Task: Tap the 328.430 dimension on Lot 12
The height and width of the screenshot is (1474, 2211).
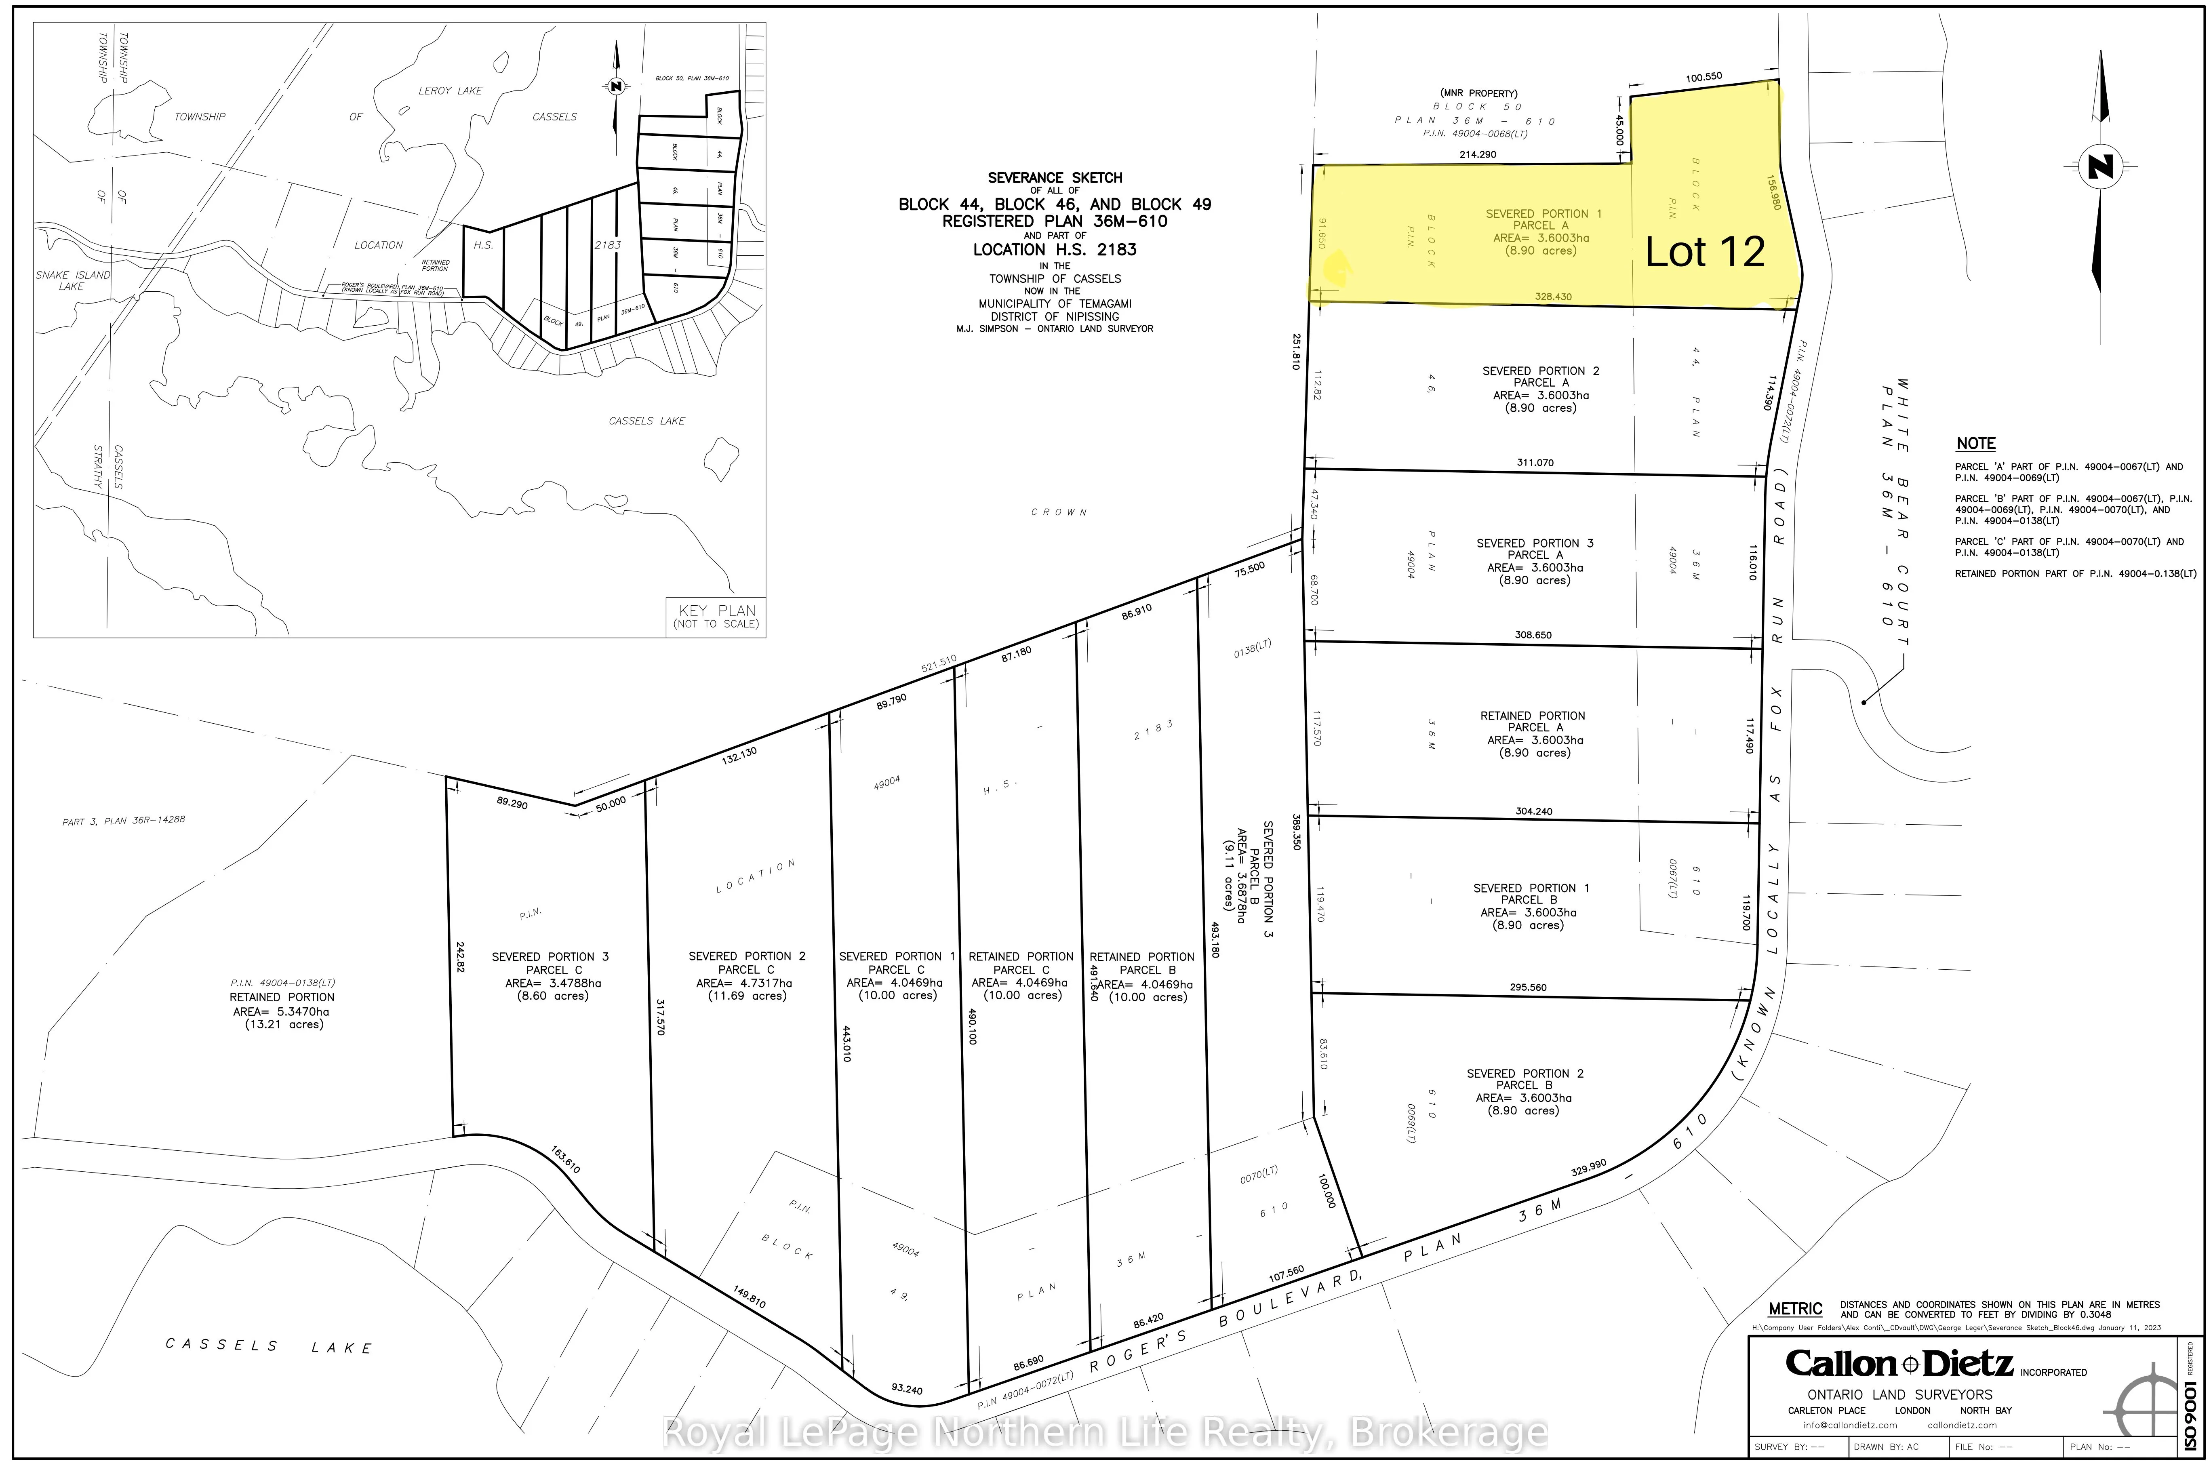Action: tap(1553, 297)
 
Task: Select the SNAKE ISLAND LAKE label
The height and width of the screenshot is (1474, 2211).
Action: tap(72, 280)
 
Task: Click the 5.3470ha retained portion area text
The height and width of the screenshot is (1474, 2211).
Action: tap(282, 1011)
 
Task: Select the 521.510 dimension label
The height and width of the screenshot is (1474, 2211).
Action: tap(938, 665)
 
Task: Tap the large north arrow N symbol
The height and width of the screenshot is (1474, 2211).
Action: tap(2100, 167)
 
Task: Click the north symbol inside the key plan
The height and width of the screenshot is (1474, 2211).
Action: tap(616, 86)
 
